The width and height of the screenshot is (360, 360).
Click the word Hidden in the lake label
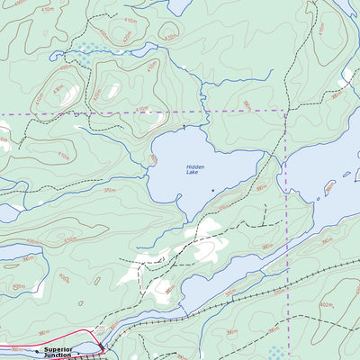point(195,166)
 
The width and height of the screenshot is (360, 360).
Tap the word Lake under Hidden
point(195,173)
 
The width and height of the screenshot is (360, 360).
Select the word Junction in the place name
point(58,355)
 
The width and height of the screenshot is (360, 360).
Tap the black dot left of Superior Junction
point(38,349)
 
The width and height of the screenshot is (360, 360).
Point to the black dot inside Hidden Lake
point(212,190)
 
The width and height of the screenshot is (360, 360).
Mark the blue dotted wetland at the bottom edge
point(276,353)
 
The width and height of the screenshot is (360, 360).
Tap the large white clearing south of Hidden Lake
point(205,242)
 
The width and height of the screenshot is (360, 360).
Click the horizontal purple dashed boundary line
point(135,113)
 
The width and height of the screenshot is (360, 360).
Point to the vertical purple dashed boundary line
point(286,225)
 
